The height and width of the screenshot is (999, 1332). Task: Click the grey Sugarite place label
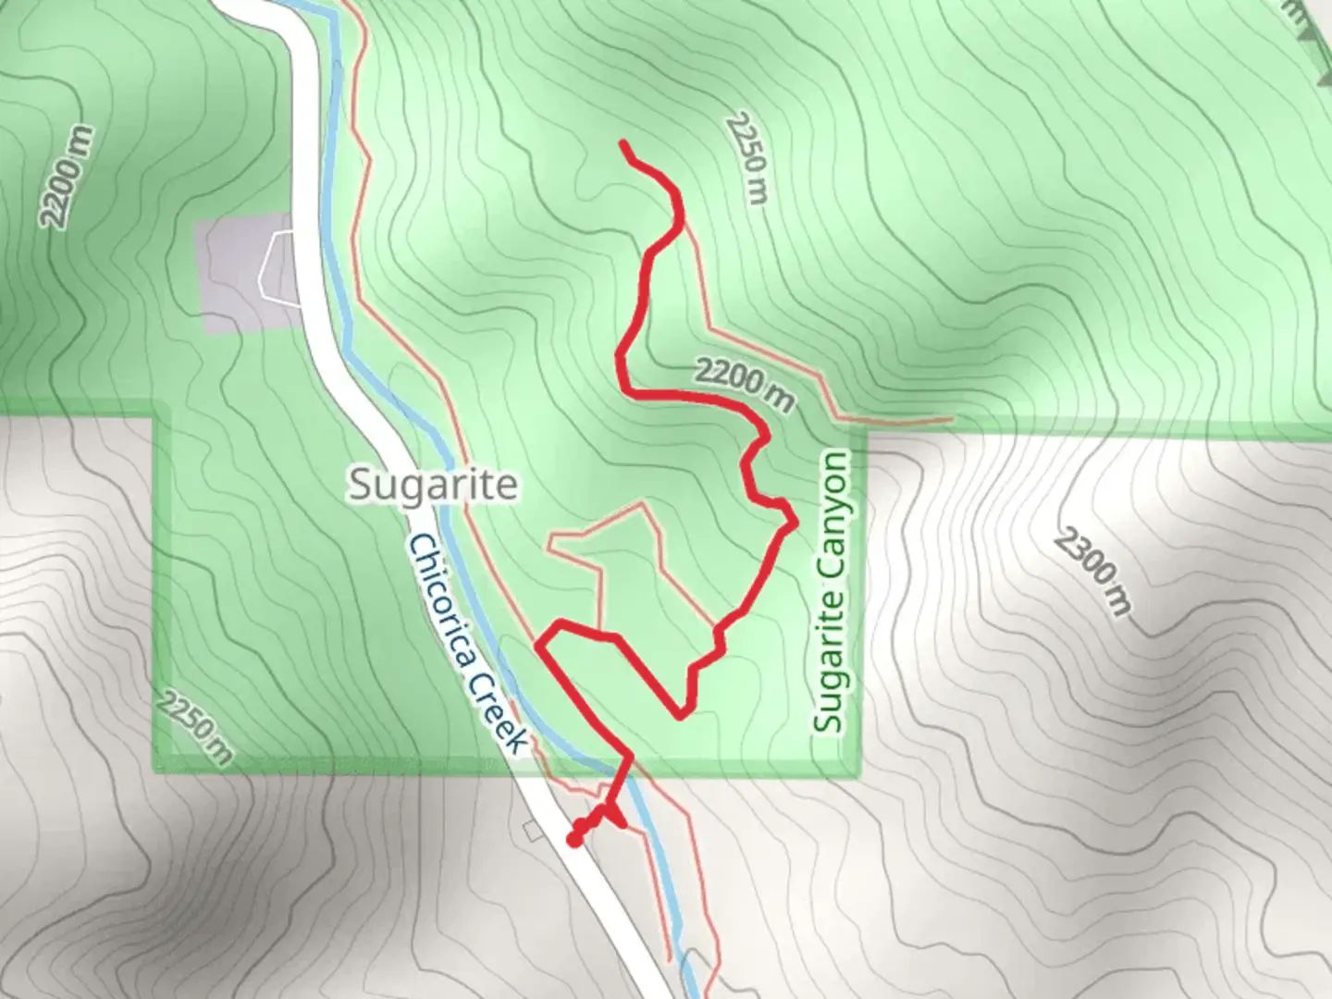pos(433,484)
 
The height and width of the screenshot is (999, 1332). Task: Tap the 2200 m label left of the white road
pos(67,177)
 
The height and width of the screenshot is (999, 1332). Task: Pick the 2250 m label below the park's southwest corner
pos(193,726)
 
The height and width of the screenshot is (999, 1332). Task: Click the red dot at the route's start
pos(573,840)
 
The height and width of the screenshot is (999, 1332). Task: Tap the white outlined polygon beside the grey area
pos(280,265)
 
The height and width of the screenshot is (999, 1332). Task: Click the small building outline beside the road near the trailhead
pos(533,831)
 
